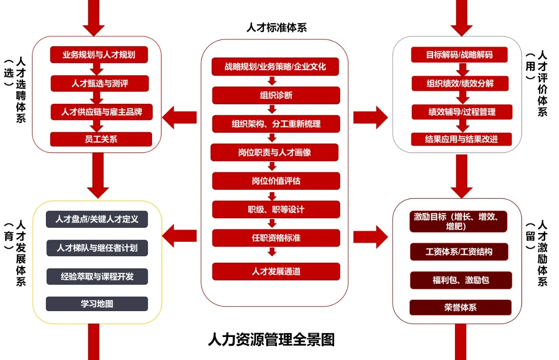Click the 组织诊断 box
(x=276, y=96)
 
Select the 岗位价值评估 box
(x=276, y=181)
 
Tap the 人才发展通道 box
(x=276, y=271)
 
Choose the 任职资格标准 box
(x=276, y=238)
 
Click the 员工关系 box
(x=101, y=139)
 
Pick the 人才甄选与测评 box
(x=100, y=83)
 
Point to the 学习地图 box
(x=97, y=304)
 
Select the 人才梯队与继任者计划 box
(x=97, y=248)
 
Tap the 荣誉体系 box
(x=460, y=308)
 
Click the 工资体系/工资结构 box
(x=459, y=252)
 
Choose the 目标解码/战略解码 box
(x=459, y=55)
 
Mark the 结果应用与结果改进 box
(x=462, y=139)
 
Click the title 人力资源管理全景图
(x=272, y=339)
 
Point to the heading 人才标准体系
(x=276, y=27)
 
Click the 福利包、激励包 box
(x=461, y=280)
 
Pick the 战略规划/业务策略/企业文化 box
(x=275, y=67)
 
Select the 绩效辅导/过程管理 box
(x=462, y=112)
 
